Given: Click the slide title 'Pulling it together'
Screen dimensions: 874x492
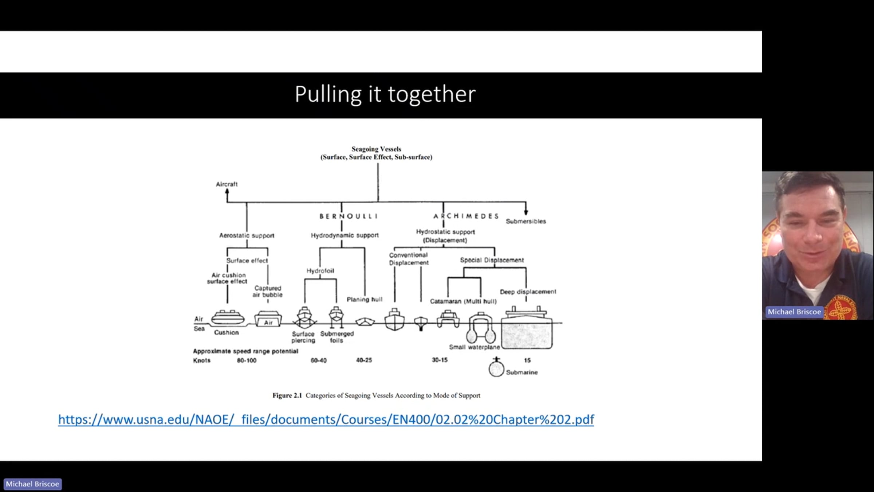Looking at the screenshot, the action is click(x=385, y=94).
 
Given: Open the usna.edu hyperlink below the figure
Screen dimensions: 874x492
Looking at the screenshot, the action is click(x=326, y=419).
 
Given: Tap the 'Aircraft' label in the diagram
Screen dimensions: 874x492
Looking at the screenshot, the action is click(x=227, y=184).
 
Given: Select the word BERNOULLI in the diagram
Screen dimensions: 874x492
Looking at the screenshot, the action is click(x=349, y=216).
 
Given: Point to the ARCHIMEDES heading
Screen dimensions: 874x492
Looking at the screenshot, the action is click(x=466, y=216).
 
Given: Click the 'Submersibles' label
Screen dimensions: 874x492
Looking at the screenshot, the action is click(x=526, y=221).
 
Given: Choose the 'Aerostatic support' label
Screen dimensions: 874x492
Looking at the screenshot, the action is click(x=247, y=235).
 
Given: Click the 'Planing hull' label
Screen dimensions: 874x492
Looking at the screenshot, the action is click(x=365, y=299).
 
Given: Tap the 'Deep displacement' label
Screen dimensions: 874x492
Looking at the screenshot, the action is click(x=528, y=292).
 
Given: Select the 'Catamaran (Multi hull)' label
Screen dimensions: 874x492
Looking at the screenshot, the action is click(x=463, y=301).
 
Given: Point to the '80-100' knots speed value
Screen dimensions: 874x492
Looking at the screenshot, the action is click(x=247, y=360).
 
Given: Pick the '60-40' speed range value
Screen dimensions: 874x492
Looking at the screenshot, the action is click(x=319, y=360).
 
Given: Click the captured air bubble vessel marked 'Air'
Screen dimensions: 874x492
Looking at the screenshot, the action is click(x=268, y=319).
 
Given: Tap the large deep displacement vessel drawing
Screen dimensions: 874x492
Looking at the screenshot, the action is click(x=527, y=328).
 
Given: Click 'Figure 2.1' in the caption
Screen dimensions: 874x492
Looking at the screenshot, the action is click(x=287, y=395).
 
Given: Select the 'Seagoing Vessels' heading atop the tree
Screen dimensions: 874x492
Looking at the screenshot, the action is click(x=376, y=149).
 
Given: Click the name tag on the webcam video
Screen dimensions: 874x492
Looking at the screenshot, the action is click(x=794, y=312).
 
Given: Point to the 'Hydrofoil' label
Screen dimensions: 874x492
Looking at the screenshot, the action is click(x=320, y=271).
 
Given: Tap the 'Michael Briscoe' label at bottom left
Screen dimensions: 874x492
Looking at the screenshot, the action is click(x=32, y=484).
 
